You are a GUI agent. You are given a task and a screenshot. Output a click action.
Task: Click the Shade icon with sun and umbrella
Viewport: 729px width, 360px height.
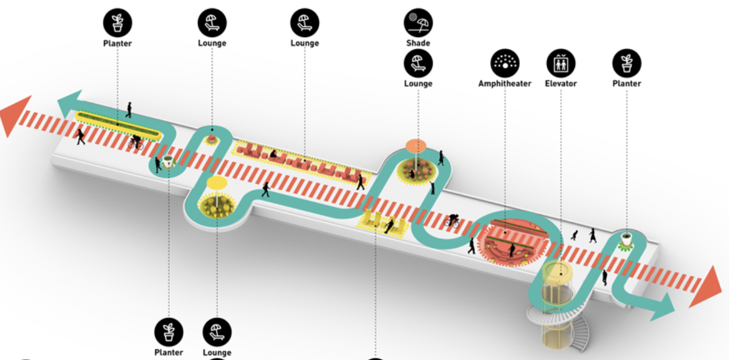coord(418,23)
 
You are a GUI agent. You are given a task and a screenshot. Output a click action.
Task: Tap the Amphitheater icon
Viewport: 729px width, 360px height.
coord(505,63)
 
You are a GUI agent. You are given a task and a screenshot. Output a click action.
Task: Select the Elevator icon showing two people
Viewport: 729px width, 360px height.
coord(561,63)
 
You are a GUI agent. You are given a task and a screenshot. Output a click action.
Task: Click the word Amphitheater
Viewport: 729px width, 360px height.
coord(505,84)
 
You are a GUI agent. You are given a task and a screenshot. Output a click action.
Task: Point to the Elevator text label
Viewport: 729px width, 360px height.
coord(561,84)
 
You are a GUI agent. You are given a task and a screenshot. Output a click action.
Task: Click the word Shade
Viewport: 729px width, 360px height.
coord(418,43)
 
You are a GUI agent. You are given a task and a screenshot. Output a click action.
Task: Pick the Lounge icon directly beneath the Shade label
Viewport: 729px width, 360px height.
coord(418,63)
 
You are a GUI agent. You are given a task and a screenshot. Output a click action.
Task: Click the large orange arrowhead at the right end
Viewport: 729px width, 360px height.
coord(706,286)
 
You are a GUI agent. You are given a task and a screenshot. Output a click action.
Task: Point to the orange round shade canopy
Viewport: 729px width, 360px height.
coord(416,146)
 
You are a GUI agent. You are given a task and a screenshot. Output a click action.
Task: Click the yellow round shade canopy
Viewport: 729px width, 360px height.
coord(217,182)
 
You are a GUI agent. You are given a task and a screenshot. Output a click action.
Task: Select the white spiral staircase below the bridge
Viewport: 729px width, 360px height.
coord(560,325)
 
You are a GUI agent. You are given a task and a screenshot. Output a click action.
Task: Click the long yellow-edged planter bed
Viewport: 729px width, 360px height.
coord(118,125)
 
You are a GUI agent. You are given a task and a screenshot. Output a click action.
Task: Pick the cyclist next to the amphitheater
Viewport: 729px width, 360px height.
coord(452,221)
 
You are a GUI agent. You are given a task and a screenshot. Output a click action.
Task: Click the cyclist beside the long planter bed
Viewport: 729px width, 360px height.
coord(136,142)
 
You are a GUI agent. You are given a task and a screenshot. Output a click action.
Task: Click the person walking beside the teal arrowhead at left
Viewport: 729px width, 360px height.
coord(129,110)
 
